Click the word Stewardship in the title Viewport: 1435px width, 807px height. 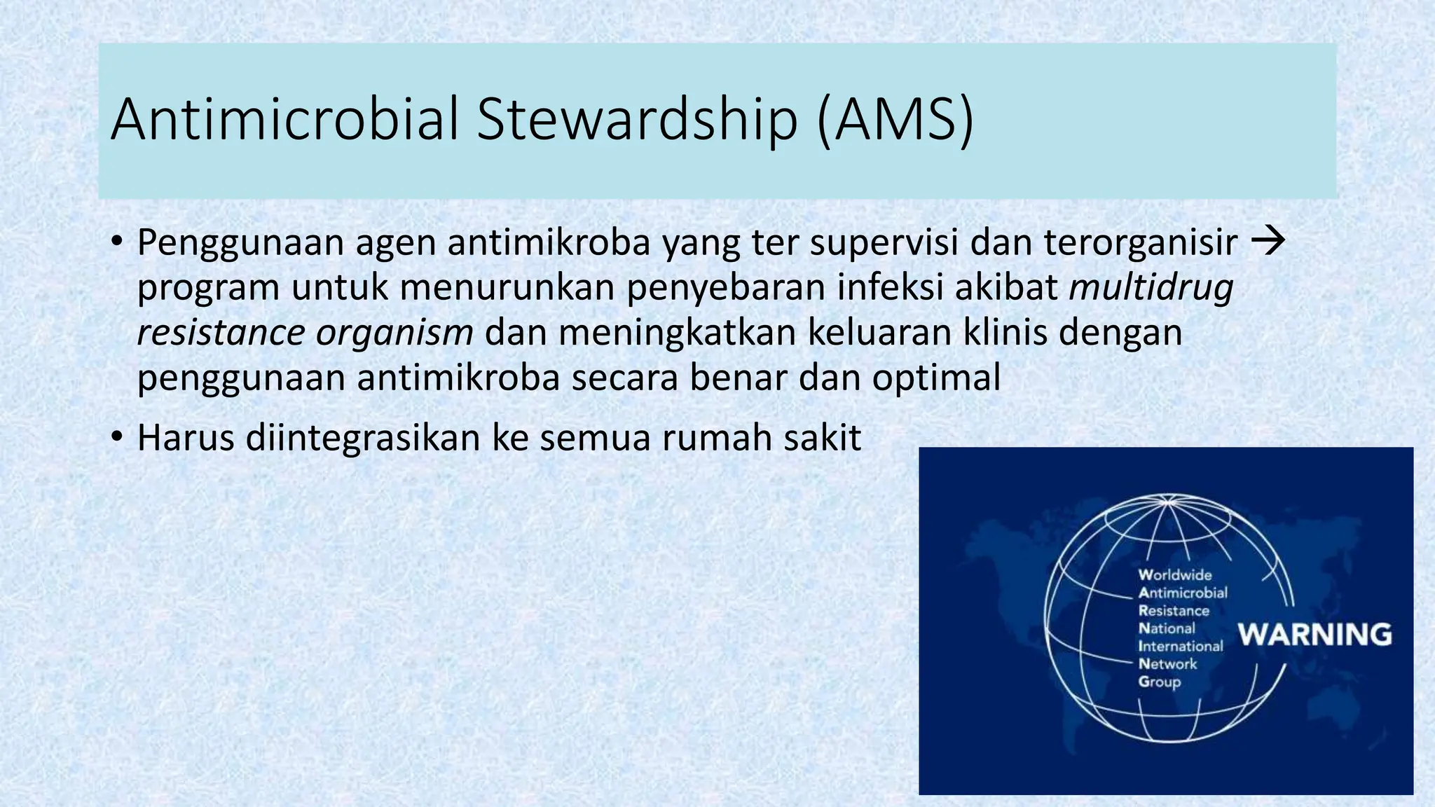click(x=637, y=119)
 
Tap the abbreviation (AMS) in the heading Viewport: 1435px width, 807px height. click(x=895, y=120)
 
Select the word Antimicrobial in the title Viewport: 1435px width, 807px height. click(x=284, y=119)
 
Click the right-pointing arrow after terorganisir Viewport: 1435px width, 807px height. click(x=1268, y=241)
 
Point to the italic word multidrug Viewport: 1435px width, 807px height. click(x=1151, y=287)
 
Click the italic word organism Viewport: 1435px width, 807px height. click(x=394, y=332)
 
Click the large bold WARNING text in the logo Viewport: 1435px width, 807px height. click(x=1314, y=635)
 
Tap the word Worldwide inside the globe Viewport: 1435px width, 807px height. click(x=1175, y=575)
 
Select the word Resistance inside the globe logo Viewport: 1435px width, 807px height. click(x=1174, y=611)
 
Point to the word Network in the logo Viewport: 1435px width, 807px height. click(x=1167, y=664)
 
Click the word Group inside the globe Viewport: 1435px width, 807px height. click(x=1159, y=682)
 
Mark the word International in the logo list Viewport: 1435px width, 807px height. click(x=1180, y=647)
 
